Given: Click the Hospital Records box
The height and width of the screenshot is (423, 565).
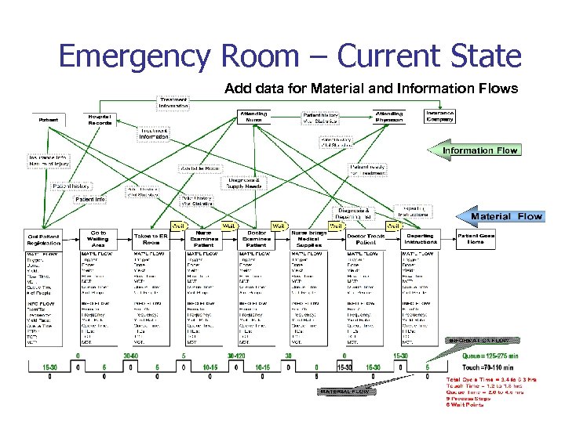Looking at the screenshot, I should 100,120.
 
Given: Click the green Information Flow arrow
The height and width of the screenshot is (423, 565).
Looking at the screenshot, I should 479,150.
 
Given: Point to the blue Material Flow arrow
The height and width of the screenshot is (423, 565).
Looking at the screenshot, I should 502,216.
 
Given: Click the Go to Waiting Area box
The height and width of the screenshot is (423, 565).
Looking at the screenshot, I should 99,237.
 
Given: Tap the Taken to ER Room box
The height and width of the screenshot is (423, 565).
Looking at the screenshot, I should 151,239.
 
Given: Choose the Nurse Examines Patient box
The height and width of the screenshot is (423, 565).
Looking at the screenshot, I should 203,239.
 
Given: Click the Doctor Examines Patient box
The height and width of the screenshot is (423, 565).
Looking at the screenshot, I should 256,239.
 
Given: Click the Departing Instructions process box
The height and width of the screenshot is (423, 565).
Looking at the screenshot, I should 421,239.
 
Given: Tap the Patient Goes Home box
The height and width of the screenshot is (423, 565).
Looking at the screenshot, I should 476,239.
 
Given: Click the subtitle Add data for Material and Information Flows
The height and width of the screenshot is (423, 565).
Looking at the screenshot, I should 371,88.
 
